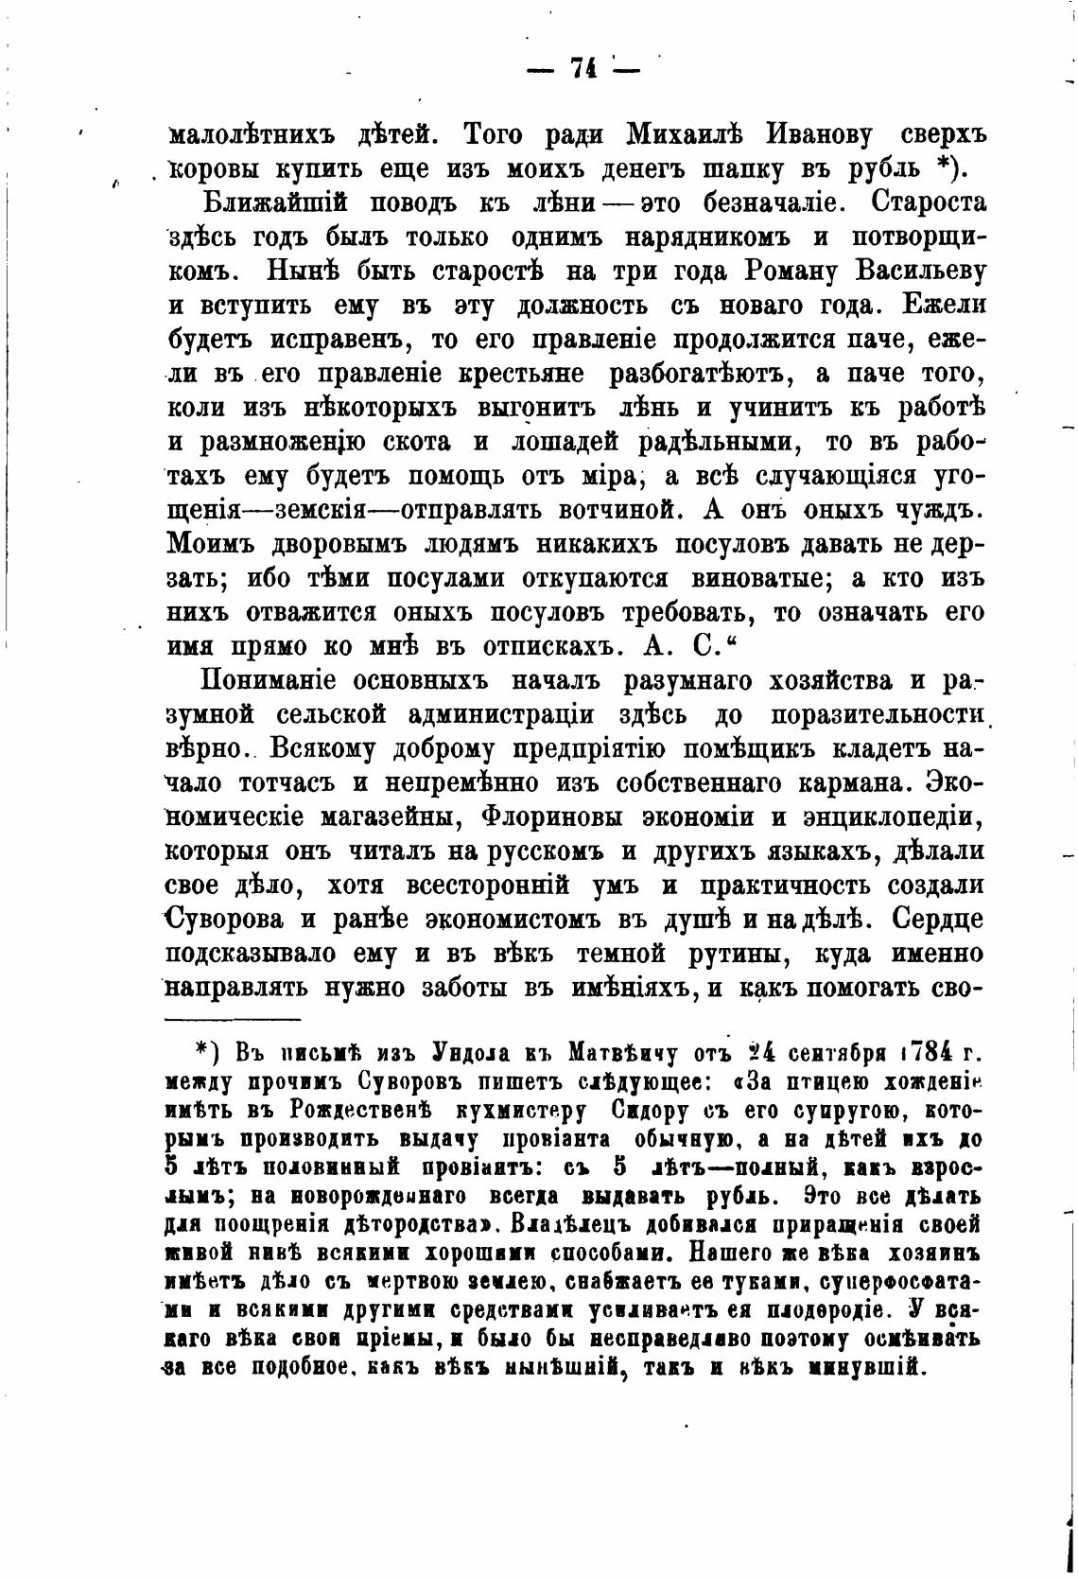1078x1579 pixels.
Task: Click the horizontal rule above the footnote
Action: click(x=233, y=1019)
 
